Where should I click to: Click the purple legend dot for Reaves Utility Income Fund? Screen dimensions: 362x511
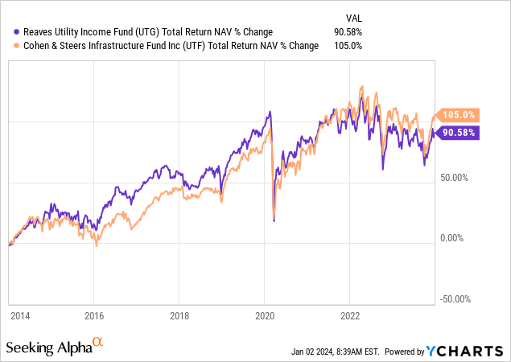coord(17,32)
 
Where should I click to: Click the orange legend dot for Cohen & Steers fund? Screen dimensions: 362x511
coord(17,46)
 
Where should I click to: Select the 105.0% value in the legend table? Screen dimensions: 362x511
coord(350,46)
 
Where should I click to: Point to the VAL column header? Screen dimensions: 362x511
coord(352,17)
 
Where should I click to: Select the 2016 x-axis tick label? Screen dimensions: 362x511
coord(94,315)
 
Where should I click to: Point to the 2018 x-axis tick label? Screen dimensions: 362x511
coord(179,315)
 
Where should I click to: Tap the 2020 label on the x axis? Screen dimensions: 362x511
coord(265,315)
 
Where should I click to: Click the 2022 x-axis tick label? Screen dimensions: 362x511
coord(350,315)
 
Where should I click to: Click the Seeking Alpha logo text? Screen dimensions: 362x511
coord(48,348)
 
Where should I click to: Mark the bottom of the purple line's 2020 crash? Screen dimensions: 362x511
coord(274,220)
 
